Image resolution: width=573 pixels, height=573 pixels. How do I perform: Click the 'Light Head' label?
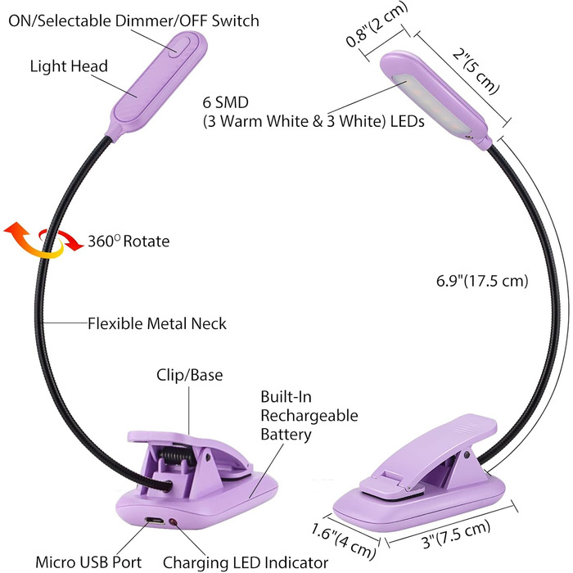coord(69,66)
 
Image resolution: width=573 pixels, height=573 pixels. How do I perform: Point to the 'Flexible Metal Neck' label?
coord(157,323)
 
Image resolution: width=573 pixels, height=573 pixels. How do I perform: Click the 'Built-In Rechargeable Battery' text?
coord(309,415)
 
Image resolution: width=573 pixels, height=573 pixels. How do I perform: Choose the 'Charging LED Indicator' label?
coord(245,562)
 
